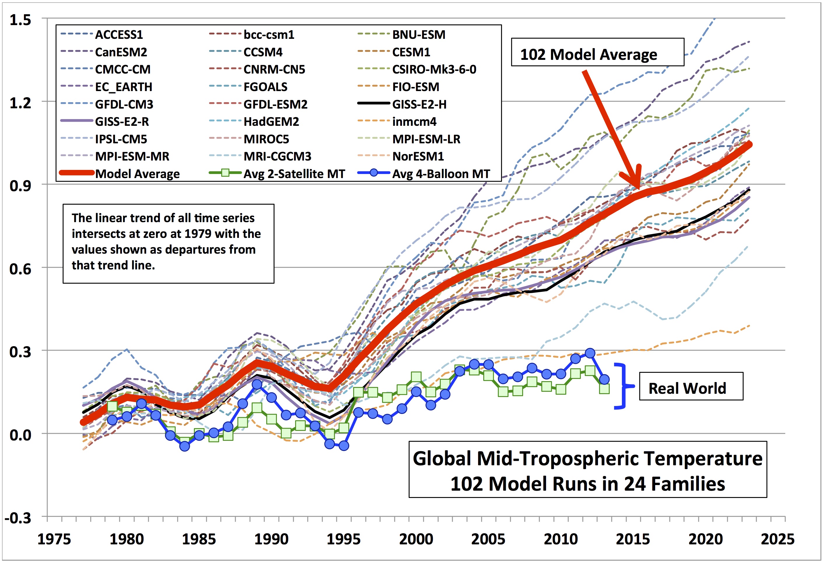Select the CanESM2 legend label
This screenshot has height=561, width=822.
coord(121,52)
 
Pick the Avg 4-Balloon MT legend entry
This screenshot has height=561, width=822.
coord(441,174)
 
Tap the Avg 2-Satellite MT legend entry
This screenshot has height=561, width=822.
coord(294,174)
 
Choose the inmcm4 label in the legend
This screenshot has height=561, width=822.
coord(414,121)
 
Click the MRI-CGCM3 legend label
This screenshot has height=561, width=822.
coord(277,156)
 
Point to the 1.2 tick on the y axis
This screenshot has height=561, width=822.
coord(20,103)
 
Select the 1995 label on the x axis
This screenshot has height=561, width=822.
coord(343,539)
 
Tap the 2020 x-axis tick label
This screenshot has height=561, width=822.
coord(705,539)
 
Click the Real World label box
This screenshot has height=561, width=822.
coord(691,388)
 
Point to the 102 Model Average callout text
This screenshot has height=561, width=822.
coord(589,55)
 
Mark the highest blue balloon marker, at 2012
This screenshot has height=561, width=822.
coord(590,353)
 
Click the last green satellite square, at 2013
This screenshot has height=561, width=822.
coord(604,388)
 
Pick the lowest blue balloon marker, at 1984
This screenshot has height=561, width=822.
coord(185,446)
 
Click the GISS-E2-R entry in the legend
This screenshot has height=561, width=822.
coord(122,121)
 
